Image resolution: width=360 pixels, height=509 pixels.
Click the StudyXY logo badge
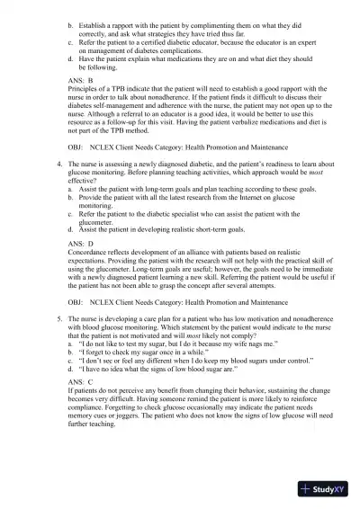pos(325,490)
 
